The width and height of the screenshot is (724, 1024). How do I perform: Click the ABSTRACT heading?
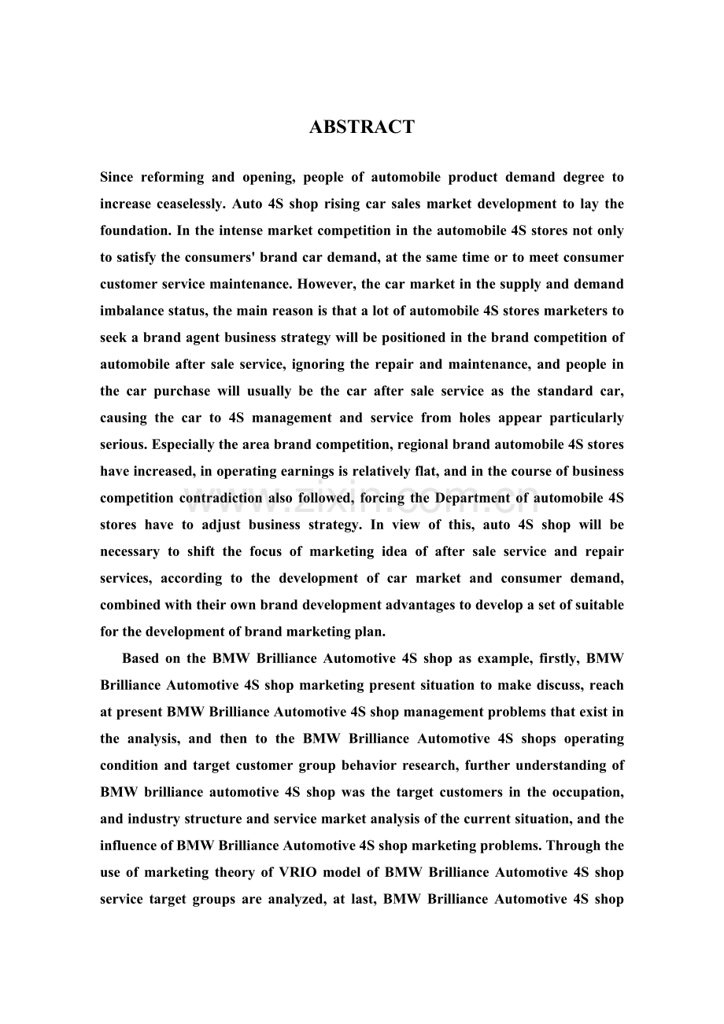(x=362, y=127)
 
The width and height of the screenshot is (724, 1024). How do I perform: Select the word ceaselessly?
(x=186, y=204)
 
